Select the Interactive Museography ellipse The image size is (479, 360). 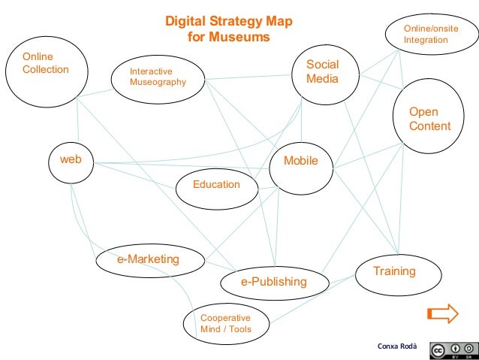coord(158,77)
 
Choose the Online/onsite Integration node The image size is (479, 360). coord(430,34)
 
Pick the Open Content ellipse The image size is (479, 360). coord(429,119)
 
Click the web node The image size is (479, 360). coord(71,160)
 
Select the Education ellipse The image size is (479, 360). coord(216,185)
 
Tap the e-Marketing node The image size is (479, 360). coord(148,260)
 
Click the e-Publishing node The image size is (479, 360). coord(274,282)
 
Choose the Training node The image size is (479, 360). coord(394,271)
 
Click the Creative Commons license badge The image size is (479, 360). coord(453,349)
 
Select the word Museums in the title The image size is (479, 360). coord(239,36)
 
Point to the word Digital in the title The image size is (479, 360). coord(184,22)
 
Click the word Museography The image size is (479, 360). coord(158,82)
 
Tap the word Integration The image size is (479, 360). coord(426,40)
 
